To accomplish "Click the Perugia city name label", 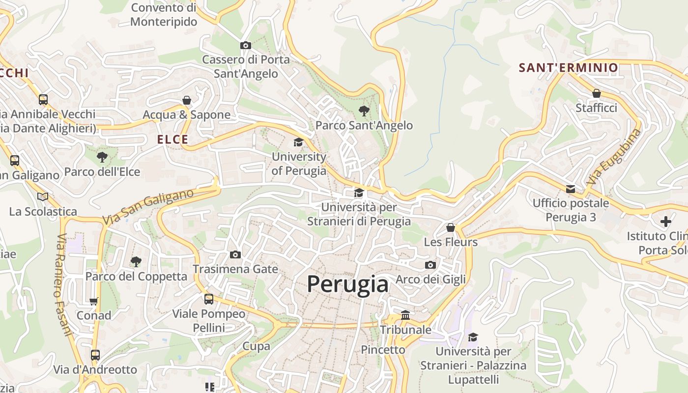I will point(347,284).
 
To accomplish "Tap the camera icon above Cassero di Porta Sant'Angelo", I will point(246,45).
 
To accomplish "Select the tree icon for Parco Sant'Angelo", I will point(364,111).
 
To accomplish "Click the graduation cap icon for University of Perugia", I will point(298,142).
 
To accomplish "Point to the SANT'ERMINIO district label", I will point(569,68).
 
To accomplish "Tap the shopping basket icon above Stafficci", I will point(596,93).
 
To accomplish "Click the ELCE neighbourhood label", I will point(172,140).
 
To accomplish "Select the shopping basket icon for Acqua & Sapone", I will point(187,100).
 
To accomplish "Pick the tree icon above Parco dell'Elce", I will point(102,157).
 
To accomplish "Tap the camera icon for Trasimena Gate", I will point(235,254).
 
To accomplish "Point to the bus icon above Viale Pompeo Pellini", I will point(209,299).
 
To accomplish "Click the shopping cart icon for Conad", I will point(94,301).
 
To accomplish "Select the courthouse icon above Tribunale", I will point(405,315).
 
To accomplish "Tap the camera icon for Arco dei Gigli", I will point(430,265).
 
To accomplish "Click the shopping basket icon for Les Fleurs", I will point(451,227).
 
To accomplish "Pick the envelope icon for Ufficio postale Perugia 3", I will point(571,189).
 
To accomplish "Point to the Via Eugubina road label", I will point(614,156).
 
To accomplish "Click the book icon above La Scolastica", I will point(43,196).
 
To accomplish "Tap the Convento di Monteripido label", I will point(164,15).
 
